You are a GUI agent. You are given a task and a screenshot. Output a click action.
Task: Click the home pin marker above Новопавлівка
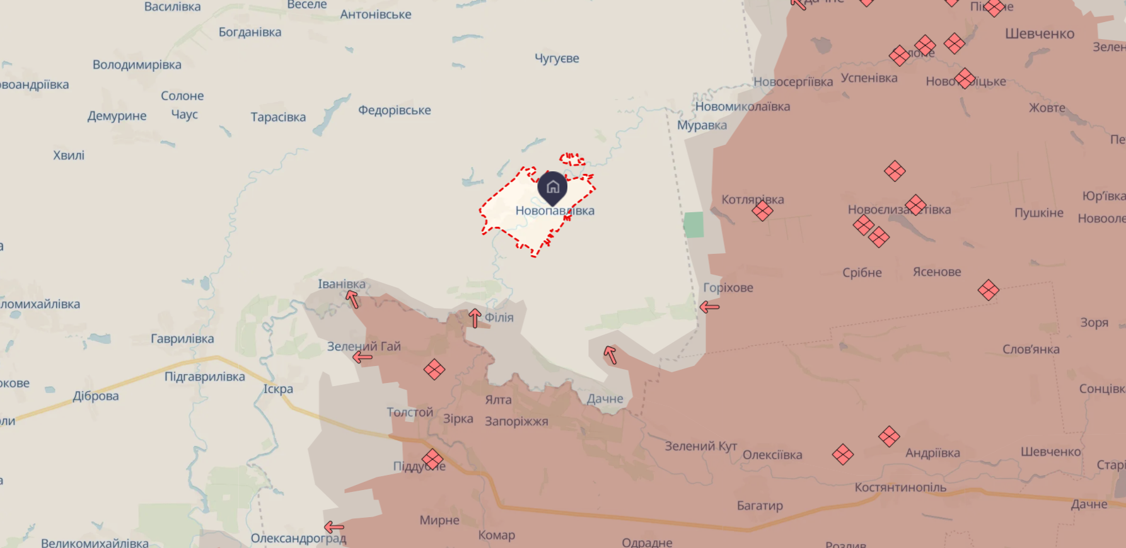(552, 187)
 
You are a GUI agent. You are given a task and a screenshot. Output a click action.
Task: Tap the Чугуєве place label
(557, 59)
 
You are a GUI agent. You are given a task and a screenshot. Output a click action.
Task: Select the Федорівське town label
(395, 110)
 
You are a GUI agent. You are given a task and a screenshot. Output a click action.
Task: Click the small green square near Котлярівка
(694, 225)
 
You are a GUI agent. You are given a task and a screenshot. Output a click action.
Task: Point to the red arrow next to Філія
(475, 318)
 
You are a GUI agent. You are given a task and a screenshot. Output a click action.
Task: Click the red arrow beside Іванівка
(352, 299)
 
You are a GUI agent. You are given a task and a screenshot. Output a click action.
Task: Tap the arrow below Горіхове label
(709, 307)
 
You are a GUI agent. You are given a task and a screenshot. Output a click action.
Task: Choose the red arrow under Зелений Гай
(362, 358)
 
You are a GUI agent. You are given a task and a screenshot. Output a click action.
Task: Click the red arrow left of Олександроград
(334, 527)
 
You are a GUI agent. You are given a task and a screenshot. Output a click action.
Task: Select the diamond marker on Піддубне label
(432, 459)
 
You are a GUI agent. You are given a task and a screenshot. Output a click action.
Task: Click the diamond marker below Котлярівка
(762, 210)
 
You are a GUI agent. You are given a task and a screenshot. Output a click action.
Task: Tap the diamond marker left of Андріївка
(889, 436)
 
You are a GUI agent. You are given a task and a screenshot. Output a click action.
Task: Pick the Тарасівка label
(278, 117)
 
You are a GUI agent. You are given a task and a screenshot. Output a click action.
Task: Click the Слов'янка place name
(1031, 350)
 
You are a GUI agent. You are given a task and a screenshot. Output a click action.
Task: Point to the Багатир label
(760, 506)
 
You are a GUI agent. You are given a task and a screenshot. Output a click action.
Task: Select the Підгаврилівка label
(205, 377)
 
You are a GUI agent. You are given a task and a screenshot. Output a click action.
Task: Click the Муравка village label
(702, 125)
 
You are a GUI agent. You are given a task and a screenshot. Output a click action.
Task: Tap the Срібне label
(862, 273)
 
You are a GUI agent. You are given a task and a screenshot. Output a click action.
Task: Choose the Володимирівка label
(137, 65)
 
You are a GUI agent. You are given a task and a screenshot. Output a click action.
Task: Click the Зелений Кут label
(700, 447)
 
